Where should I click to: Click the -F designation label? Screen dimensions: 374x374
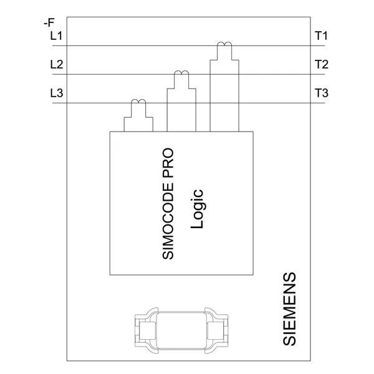pos(49,24)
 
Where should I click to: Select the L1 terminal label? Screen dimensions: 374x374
pos(56,36)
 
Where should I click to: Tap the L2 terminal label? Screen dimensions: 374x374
pos(56,65)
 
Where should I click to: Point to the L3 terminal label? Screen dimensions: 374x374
pos(56,94)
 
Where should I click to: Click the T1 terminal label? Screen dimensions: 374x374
pos(322,36)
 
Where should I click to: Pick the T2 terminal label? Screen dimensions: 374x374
pos(322,65)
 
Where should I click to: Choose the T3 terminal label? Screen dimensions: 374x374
pos(322,94)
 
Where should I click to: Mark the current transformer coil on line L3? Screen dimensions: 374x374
pos(138,103)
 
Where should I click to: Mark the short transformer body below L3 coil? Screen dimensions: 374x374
pos(138,123)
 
